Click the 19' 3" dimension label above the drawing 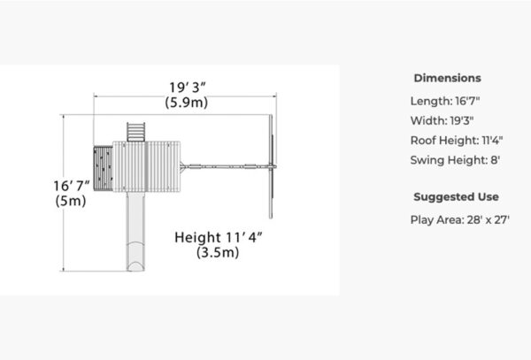coord(188,88)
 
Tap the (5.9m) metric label coord(187,103)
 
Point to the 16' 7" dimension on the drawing coord(72,186)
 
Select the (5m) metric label coord(71,201)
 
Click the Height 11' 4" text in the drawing coord(219,237)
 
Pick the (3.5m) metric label coord(218,252)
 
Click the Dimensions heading coord(447,78)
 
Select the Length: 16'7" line coord(445,101)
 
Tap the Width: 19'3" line coord(442,120)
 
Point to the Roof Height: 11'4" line coord(457,140)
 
